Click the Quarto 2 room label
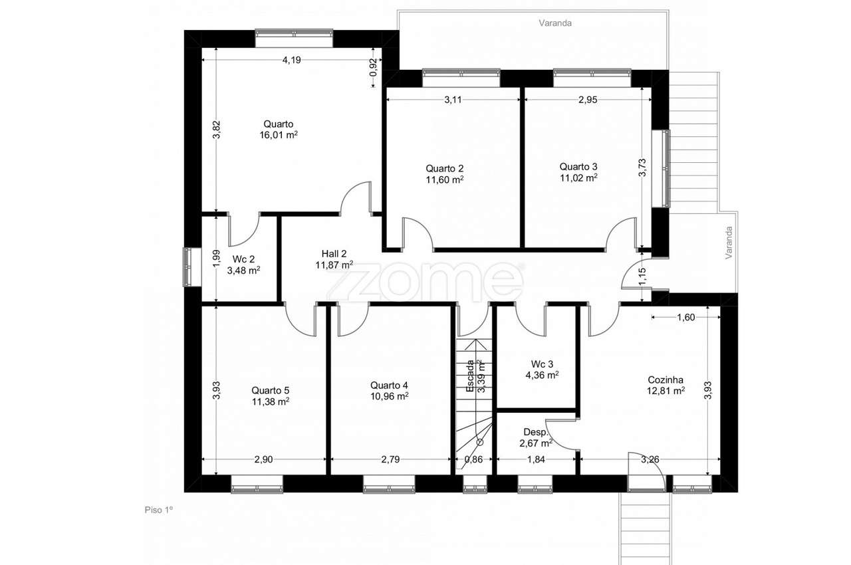point(444,168)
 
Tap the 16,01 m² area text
point(279,135)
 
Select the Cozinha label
point(666,380)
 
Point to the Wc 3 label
point(542,364)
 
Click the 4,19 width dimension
point(291,60)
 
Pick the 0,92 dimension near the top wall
point(374,67)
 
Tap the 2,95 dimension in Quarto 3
point(588,100)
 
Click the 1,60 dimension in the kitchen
point(685,317)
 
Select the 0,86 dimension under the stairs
point(473,459)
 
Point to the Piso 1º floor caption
point(159,510)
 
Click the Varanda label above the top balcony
point(555,23)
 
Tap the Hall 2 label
point(334,254)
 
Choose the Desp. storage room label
point(536,432)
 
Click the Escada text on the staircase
point(470,376)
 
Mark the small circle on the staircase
point(480,442)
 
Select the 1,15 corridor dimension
point(642,277)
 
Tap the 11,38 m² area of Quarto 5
point(271,401)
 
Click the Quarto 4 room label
point(389,386)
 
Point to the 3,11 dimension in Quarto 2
point(453,100)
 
